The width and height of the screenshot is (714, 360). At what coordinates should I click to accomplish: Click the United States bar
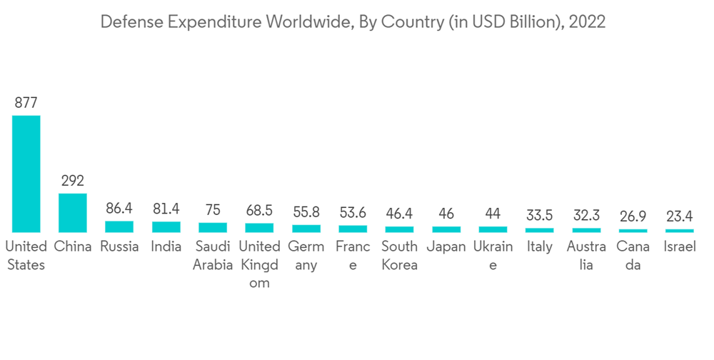[x=26, y=174]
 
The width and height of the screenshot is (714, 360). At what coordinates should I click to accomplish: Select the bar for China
[x=73, y=213]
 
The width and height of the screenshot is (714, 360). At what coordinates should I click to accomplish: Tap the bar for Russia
[x=119, y=226]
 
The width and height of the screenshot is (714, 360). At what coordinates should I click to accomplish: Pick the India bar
[x=166, y=227]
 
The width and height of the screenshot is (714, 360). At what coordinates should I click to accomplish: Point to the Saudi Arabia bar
[x=213, y=228]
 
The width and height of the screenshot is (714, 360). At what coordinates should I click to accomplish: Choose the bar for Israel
[x=680, y=231]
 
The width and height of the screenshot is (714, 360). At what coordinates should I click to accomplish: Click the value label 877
[x=26, y=103]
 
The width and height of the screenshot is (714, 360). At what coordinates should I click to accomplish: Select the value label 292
[x=73, y=181]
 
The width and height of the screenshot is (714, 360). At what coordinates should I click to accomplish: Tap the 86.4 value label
[x=119, y=209]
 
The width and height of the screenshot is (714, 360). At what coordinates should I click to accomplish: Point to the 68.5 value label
[x=259, y=211]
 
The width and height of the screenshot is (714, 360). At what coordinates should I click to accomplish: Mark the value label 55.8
[x=306, y=212]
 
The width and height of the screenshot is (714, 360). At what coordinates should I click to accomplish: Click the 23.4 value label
[x=680, y=216]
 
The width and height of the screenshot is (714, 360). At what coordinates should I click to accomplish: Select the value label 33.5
[x=540, y=215]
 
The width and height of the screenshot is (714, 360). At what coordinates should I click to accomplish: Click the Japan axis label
[x=446, y=247]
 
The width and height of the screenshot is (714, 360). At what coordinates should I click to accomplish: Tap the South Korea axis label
[x=399, y=256]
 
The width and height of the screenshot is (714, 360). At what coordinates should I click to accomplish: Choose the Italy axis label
[x=540, y=247]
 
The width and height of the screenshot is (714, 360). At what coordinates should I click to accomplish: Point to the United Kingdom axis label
[x=259, y=264]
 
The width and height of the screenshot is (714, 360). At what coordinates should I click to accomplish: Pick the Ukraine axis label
[x=493, y=256]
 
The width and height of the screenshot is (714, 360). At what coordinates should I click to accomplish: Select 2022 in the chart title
[x=588, y=22]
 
